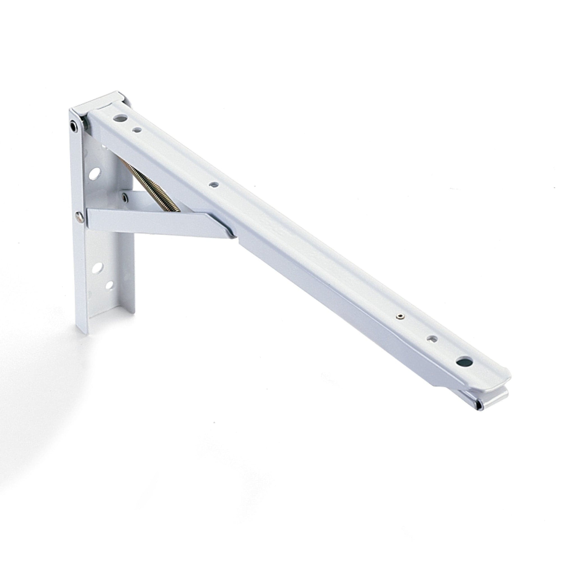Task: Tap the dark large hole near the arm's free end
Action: click(461, 362)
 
